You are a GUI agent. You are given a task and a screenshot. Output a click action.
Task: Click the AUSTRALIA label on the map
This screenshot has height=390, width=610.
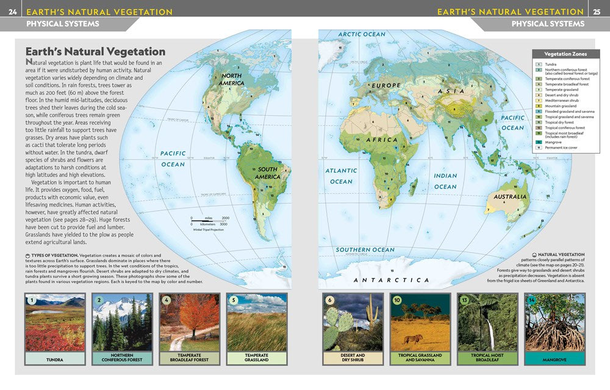[510, 197]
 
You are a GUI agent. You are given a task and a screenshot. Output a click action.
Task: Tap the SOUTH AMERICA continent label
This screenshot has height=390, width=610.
[267, 173]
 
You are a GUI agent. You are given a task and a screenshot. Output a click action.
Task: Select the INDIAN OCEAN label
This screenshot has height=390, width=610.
[445, 181]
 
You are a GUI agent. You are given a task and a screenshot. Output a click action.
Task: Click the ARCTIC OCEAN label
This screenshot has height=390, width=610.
[362, 35]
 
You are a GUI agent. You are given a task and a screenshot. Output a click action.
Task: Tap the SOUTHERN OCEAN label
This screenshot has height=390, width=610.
[365, 250]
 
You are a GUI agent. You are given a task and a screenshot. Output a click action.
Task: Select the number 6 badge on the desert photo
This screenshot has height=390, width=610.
[330, 300]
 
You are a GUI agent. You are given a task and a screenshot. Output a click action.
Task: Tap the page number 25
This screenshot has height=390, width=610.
[597, 12]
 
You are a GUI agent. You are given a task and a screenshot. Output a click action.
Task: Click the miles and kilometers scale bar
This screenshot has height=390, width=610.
[208, 221]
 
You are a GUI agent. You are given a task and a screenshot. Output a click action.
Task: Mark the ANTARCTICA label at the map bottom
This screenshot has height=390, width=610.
[392, 280]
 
